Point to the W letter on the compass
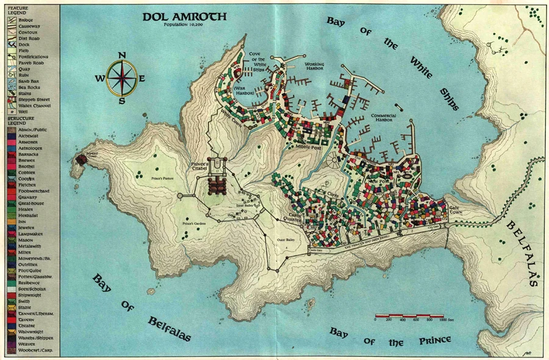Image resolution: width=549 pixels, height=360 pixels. [x=99, y=78]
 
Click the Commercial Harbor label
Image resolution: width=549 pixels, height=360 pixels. [x=383, y=118]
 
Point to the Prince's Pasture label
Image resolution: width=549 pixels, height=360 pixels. [x=164, y=179]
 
